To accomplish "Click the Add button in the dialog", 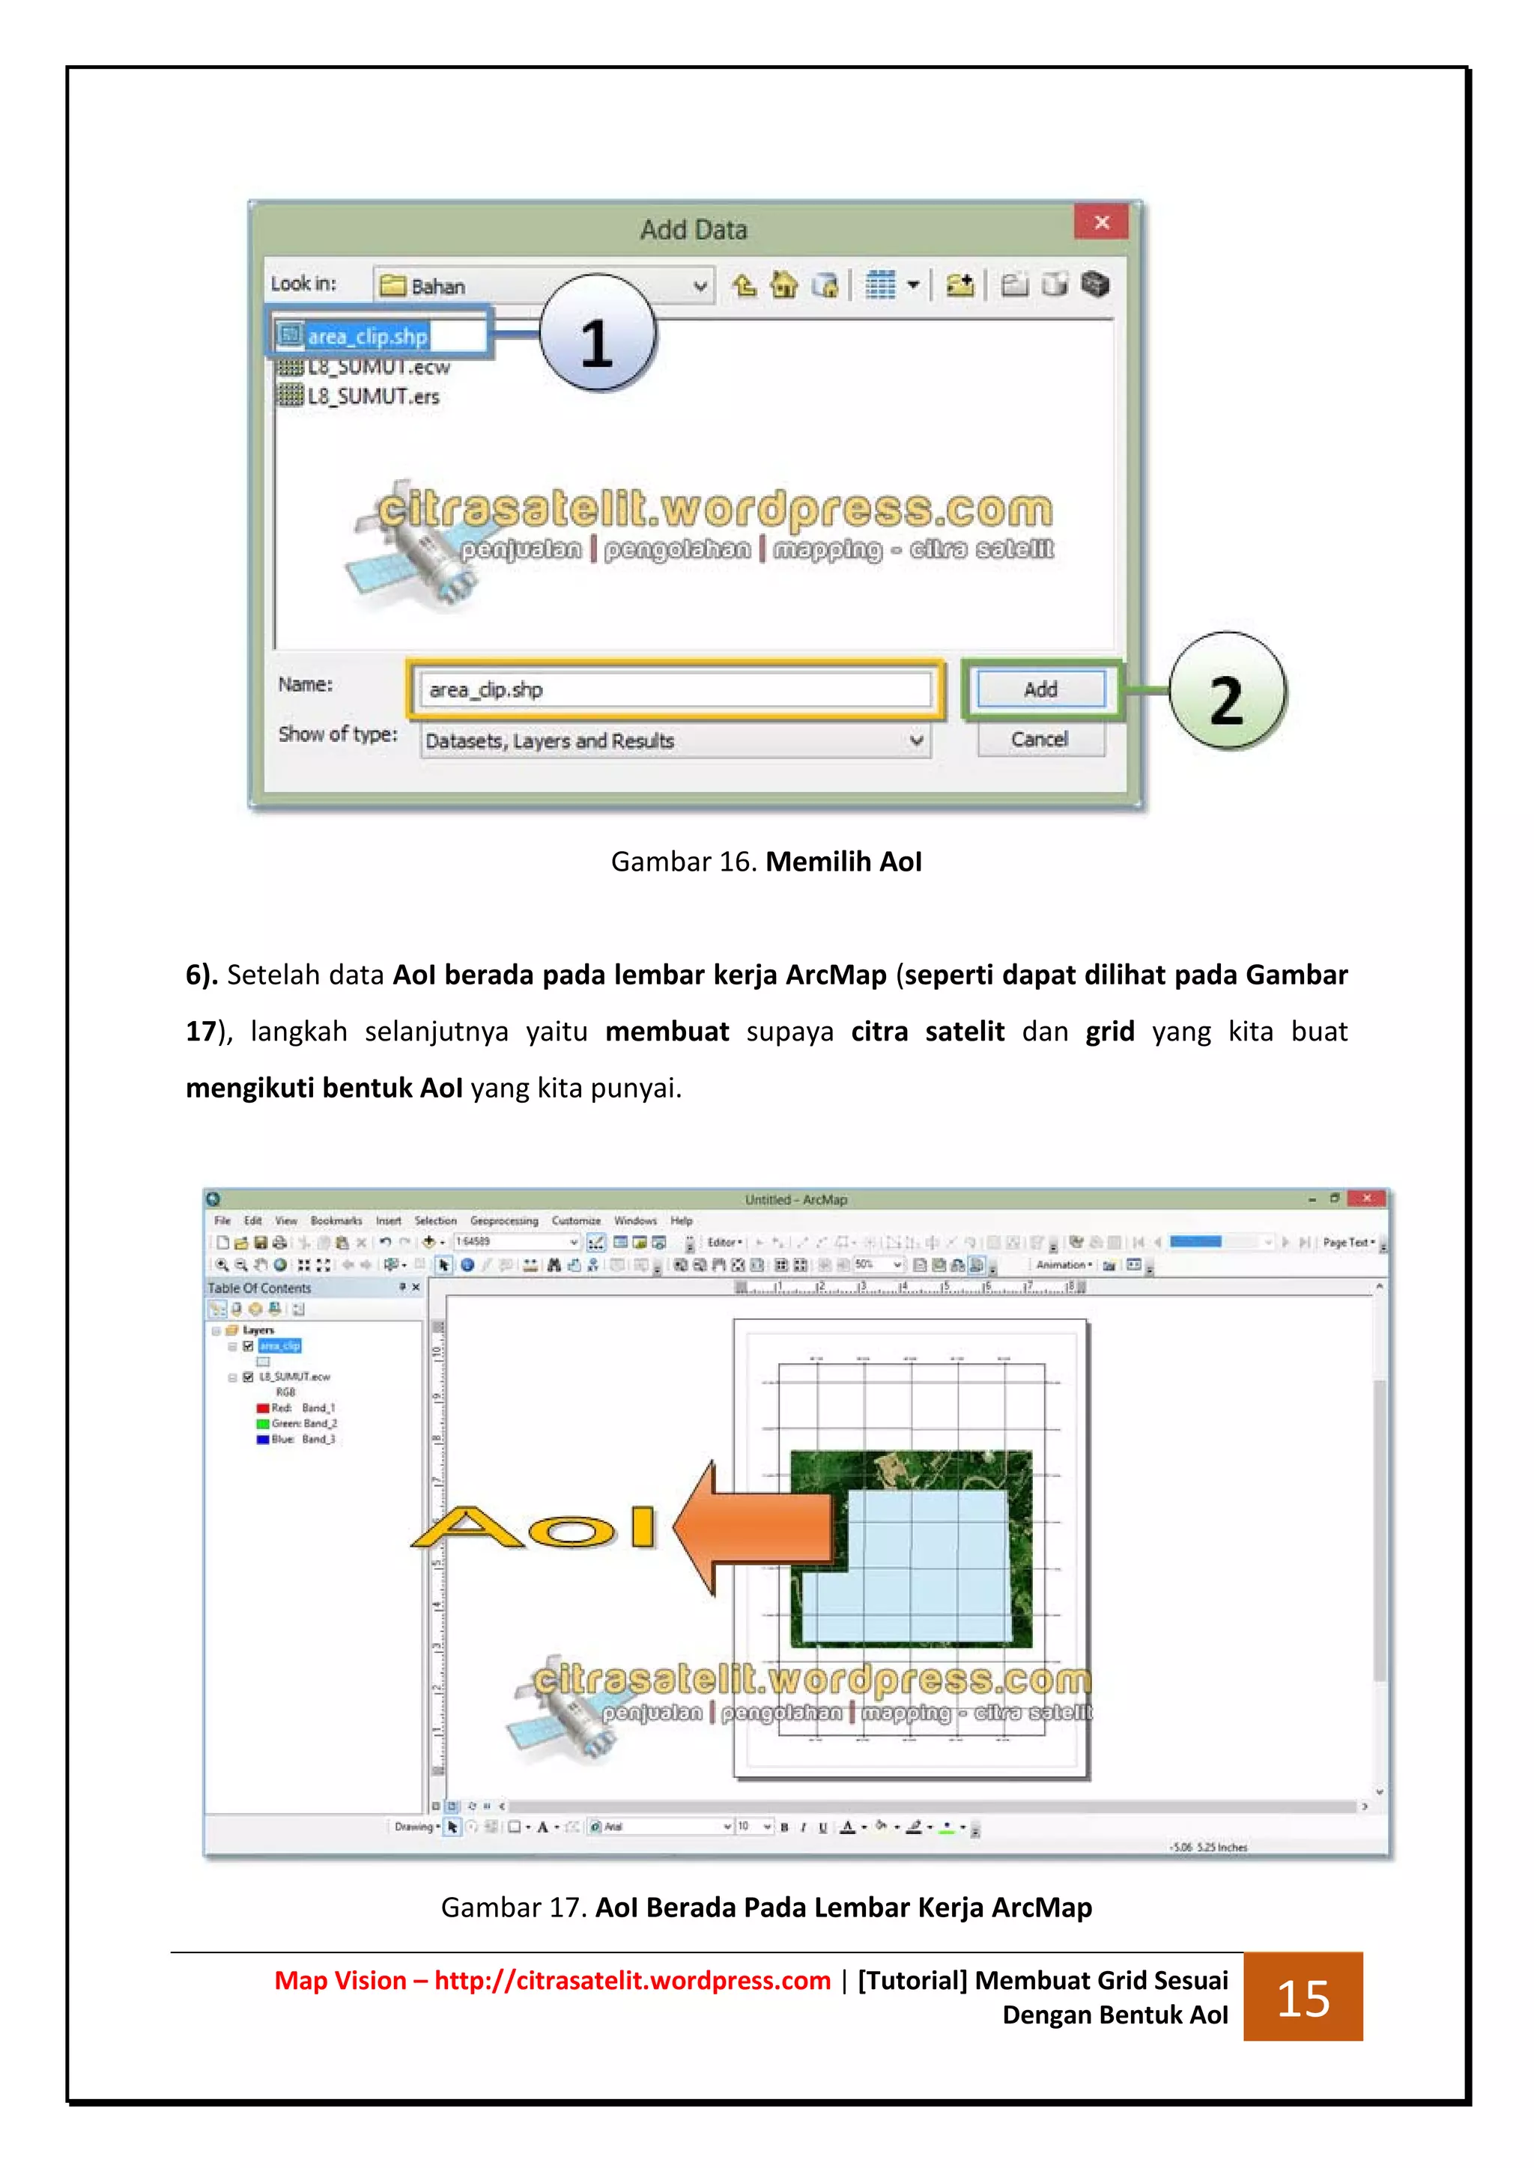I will (1040, 689).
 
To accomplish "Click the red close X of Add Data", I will (1100, 223).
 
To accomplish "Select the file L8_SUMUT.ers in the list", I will (373, 397).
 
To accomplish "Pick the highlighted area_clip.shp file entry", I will (366, 336).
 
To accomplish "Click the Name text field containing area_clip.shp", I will (674, 689).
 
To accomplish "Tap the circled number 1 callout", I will (597, 335).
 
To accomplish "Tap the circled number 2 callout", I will (1226, 692).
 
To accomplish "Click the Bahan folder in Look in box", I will (437, 286).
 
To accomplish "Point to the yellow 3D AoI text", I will (535, 1527).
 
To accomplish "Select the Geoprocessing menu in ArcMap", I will (503, 1221).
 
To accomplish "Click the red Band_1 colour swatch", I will (263, 1408).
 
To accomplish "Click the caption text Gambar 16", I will (684, 861).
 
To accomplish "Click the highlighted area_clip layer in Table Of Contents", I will (279, 1345).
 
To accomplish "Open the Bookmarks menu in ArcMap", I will (336, 1221).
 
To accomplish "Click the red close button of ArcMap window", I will (1366, 1199).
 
